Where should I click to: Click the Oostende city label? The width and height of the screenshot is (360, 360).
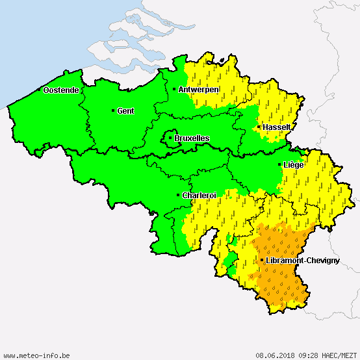point(61,90)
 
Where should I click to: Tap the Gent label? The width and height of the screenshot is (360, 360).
point(125,111)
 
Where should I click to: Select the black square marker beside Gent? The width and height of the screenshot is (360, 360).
point(113,110)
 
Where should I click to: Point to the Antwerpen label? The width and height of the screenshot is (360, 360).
point(199,89)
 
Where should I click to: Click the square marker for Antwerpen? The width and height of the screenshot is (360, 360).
point(174,89)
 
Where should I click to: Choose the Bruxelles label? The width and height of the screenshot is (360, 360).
point(192,138)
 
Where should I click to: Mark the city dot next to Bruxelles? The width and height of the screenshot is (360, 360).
point(170,138)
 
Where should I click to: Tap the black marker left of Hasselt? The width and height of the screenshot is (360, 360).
point(259,127)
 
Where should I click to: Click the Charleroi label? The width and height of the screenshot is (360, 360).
point(199,195)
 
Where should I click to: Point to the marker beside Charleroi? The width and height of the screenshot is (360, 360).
point(179,195)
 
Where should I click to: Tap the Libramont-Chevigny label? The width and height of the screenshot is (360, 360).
point(303,261)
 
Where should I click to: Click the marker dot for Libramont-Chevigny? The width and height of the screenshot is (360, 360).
point(262,261)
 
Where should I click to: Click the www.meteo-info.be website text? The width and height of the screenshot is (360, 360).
point(36,355)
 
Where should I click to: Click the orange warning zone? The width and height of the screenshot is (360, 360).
point(279,273)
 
